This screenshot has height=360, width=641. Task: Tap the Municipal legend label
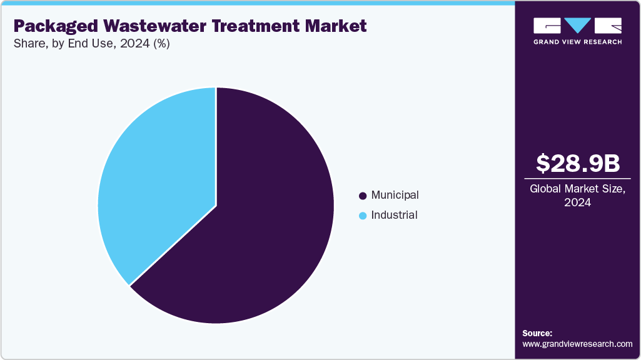pyautogui.click(x=395, y=196)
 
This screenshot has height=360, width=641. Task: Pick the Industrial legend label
pyautogui.click(x=394, y=216)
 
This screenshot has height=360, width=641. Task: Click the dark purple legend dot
pyautogui.click(x=363, y=196)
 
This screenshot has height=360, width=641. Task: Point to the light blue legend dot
pyautogui.click(x=363, y=216)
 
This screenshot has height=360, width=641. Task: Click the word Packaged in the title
pyautogui.click(x=56, y=26)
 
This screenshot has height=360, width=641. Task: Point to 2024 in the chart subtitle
pyautogui.click(x=134, y=43)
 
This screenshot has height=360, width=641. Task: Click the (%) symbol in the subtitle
pyautogui.click(x=161, y=43)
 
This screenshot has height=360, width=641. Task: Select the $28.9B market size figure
pyautogui.click(x=578, y=163)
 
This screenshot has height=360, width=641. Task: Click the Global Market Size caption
pyautogui.click(x=578, y=189)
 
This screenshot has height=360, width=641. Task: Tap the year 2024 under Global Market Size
pyautogui.click(x=578, y=202)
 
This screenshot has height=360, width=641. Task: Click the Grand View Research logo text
pyautogui.click(x=578, y=42)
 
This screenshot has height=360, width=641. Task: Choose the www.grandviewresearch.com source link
pyautogui.click(x=577, y=344)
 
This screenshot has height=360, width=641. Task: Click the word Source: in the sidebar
pyautogui.click(x=537, y=334)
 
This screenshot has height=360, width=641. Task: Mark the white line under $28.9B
pyautogui.click(x=578, y=179)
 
